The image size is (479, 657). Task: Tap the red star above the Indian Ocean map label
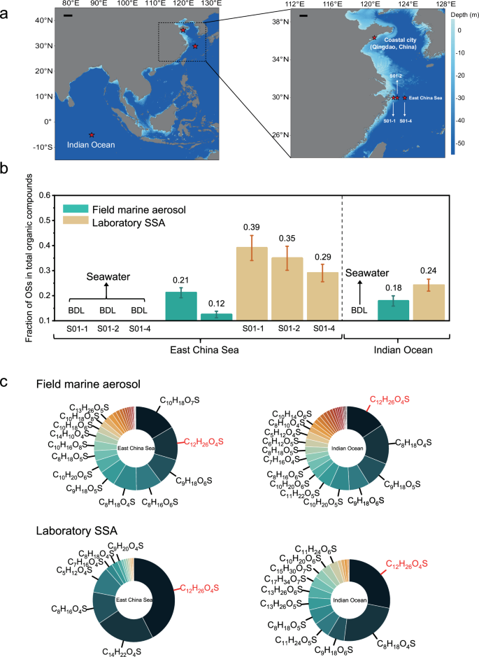pos(92,134)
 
